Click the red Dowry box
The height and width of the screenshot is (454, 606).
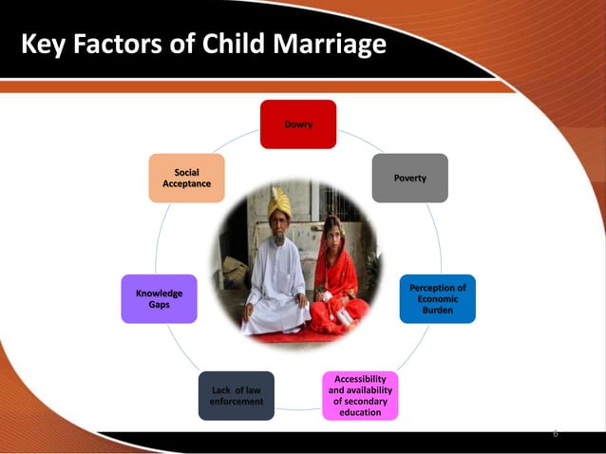pyautogui.click(x=298, y=124)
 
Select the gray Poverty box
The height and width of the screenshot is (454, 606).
pyautogui.click(x=409, y=178)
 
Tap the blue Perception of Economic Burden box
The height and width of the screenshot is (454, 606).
pyautogui.click(x=437, y=299)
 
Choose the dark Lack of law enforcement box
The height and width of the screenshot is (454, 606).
pyautogui.click(x=236, y=395)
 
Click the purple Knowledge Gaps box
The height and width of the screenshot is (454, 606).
pyautogui.click(x=159, y=299)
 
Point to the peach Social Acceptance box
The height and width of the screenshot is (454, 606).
pyautogui.click(x=186, y=178)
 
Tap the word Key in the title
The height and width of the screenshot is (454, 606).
pyautogui.click(x=45, y=44)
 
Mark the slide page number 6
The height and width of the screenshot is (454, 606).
pyautogui.click(x=556, y=433)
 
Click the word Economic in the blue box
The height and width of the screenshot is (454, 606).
pyautogui.click(x=437, y=299)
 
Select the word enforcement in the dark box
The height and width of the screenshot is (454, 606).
pyautogui.click(x=236, y=402)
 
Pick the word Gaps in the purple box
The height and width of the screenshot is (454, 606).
pyautogui.click(x=159, y=305)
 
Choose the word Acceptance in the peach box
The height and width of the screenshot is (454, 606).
pyautogui.click(x=186, y=183)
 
